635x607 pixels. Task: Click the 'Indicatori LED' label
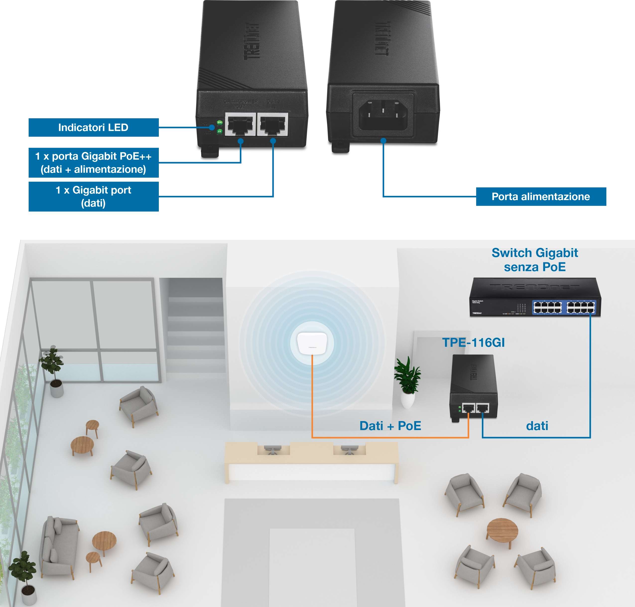coord(93,127)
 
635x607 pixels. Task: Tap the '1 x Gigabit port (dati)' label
coord(93,196)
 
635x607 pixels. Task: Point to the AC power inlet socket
coord(383,112)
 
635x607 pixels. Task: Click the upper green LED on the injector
coord(219,123)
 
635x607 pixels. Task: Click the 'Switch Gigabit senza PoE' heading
coord(535,260)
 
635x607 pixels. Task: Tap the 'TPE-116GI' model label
coord(473,343)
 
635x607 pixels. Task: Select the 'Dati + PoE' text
coord(390,426)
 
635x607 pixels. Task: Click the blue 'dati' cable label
coord(537,426)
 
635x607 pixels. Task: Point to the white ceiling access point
coord(312,343)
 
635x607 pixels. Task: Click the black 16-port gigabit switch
coord(535,297)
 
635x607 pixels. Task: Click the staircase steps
coord(196,327)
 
